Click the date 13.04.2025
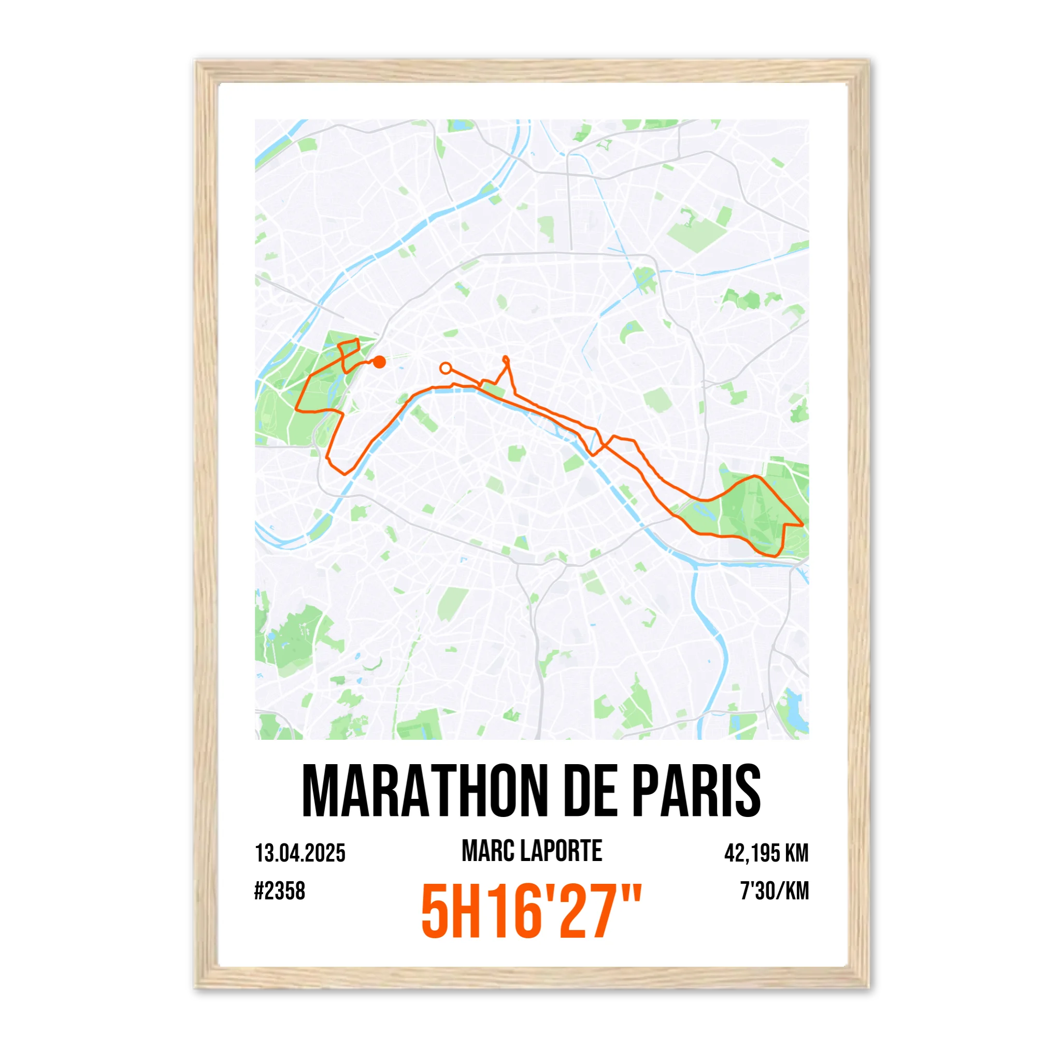[x=300, y=853]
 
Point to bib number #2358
[x=280, y=891]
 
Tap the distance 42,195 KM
[x=766, y=853]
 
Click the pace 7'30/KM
[x=775, y=891]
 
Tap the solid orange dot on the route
[x=379, y=362]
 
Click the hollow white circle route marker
[x=446, y=367]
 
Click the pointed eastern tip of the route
[x=802, y=525]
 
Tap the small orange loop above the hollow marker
[x=506, y=360]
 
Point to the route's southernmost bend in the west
[x=345, y=473]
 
